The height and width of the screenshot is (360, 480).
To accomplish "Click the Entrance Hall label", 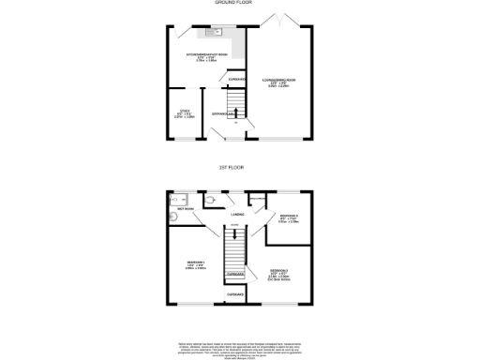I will pos(224,114).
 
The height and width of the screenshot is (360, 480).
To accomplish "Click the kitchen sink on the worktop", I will pos(213,34).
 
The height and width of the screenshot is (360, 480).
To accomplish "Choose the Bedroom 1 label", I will pos(196,264).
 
